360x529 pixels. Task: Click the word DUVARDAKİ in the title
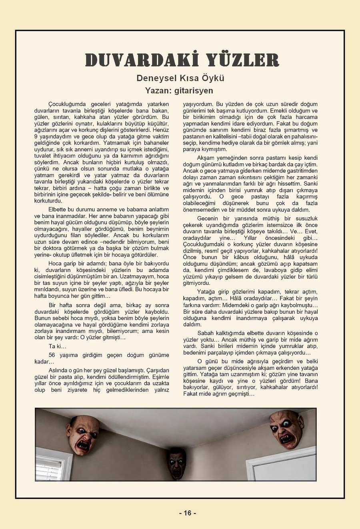[x=137, y=60]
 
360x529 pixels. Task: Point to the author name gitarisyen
[x=194, y=91]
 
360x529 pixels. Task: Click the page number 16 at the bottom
[x=188, y=513]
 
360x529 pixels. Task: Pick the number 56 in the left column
[x=52, y=355]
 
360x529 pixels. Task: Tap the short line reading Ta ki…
[x=58, y=346]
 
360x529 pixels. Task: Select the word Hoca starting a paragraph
[x=55, y=263]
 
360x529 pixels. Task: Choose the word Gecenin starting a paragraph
[x=208, y=218]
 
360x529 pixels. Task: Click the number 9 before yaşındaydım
[x=36, y=136]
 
